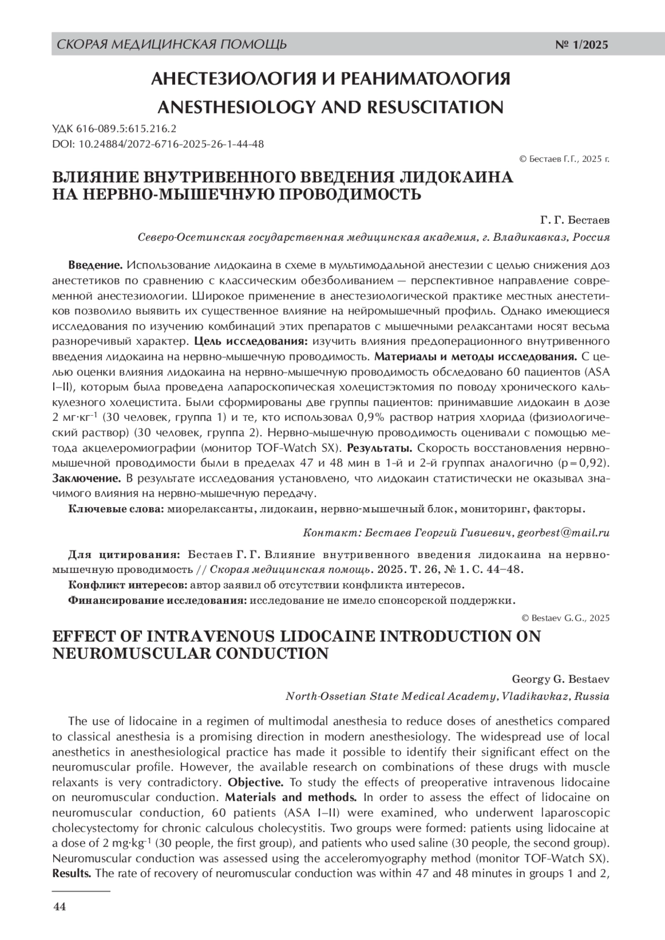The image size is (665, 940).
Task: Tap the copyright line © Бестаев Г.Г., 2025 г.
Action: coord(564,159)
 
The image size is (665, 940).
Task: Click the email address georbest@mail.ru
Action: coord(564,533)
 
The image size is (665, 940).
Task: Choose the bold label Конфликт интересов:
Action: coord(127,585)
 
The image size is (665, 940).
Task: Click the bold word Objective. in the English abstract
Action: coord(255,783)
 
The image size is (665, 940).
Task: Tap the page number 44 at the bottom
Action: coord(59,907)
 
